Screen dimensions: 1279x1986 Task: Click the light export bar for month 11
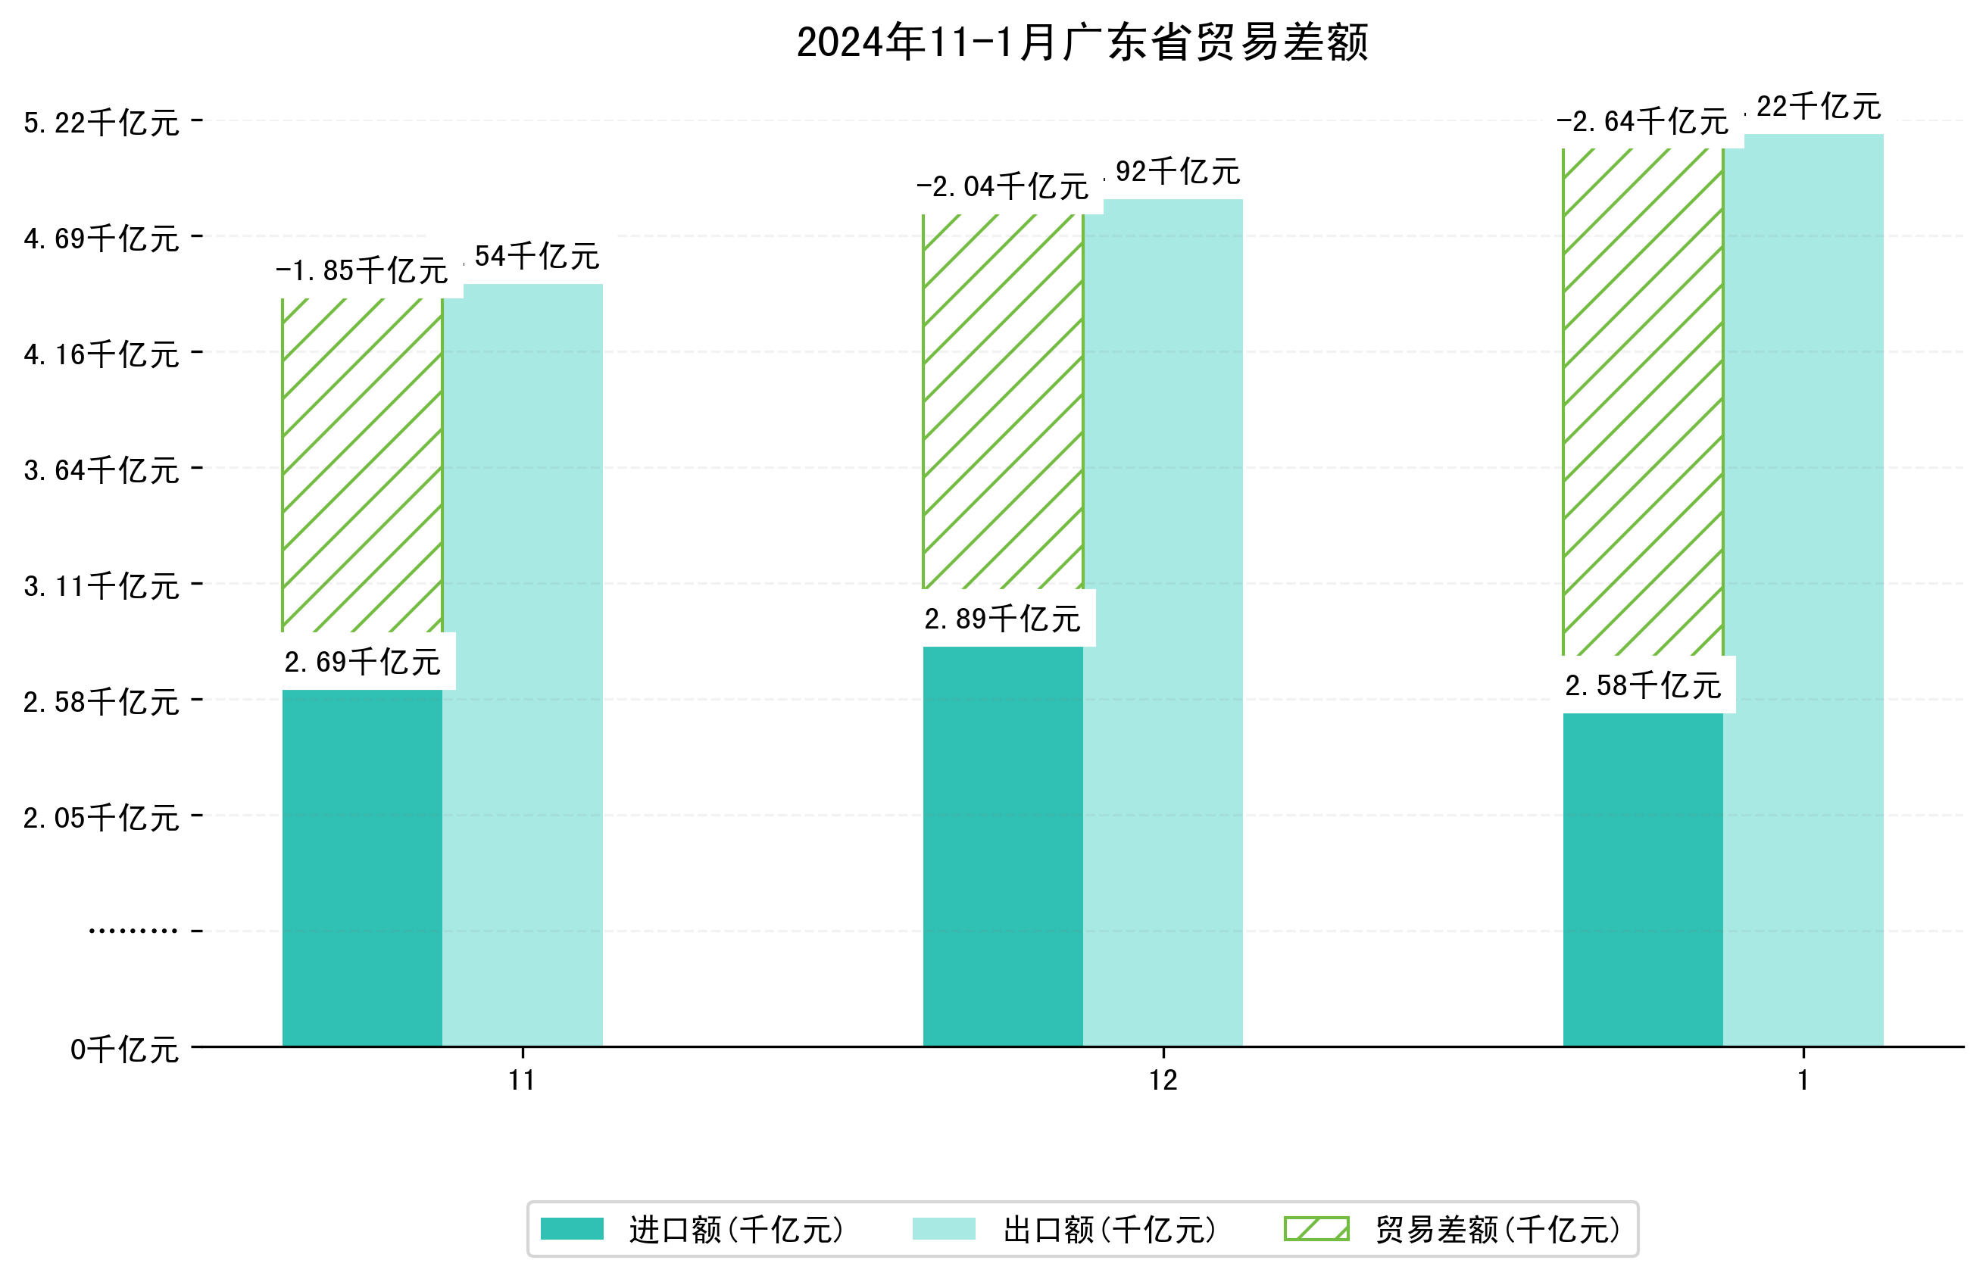523,664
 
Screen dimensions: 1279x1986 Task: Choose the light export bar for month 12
1163,623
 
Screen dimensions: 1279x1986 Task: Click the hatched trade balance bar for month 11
362,465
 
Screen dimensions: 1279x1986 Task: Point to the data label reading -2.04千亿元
1003,187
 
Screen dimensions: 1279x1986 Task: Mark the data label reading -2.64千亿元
1642,122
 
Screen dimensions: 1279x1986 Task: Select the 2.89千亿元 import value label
1003,619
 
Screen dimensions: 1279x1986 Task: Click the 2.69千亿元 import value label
362,662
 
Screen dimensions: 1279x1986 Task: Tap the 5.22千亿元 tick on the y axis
101,123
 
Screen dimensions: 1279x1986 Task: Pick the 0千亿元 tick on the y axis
124,1050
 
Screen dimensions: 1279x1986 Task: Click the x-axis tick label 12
1163,1081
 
